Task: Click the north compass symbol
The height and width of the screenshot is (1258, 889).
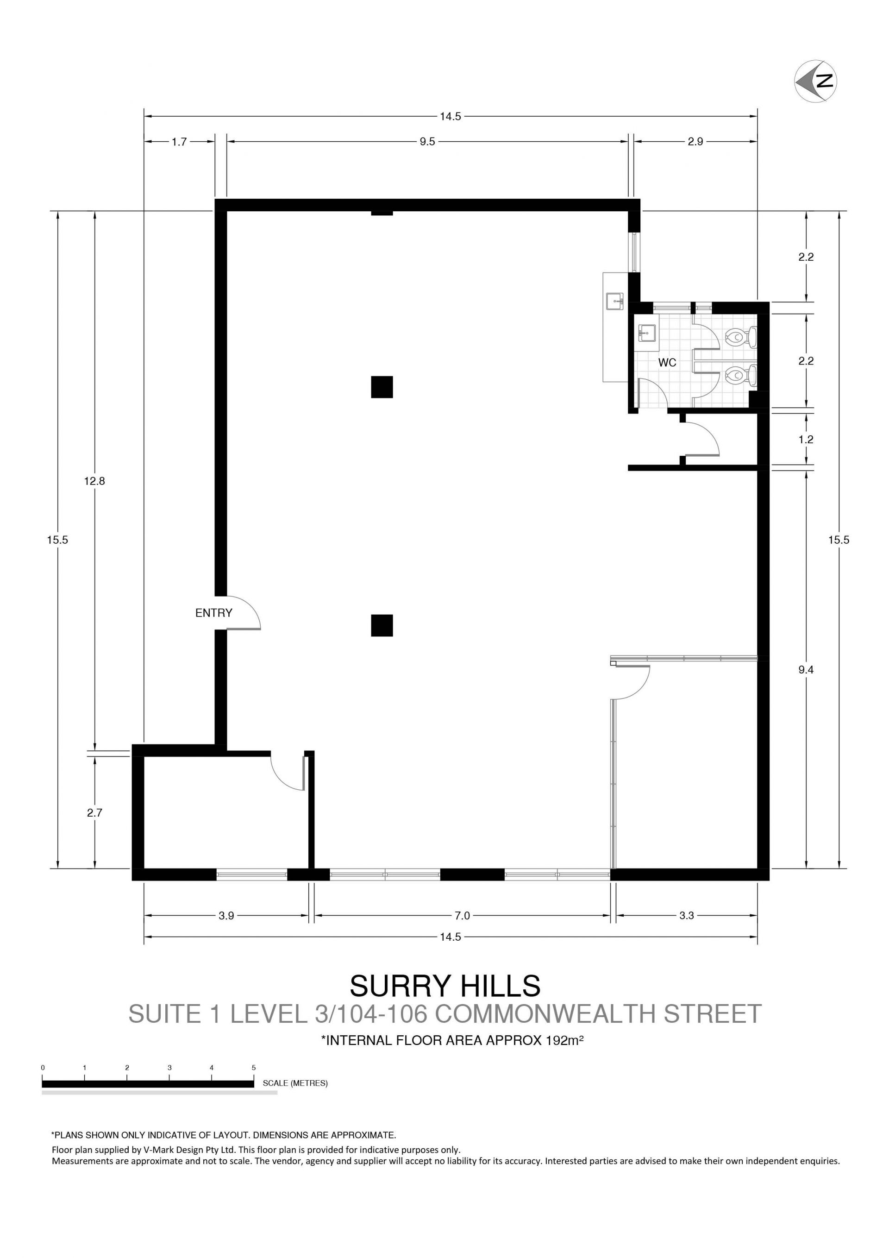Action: point(815,81)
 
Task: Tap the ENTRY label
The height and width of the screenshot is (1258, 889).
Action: point(213,613)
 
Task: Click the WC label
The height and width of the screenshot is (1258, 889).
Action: point(667,363)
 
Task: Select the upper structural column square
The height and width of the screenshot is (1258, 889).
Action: point(382,387)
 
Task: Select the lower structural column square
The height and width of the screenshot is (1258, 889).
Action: point(382,626)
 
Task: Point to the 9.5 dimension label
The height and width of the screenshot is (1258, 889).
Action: point(427,142)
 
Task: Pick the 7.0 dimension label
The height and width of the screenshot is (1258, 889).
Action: point(462,916)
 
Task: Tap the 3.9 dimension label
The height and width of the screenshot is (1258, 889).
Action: point(226,916)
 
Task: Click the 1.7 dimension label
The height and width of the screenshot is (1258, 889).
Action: point(179,142)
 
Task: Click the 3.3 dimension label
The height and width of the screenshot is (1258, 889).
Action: point(686,916)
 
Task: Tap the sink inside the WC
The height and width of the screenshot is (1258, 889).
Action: point(647,333)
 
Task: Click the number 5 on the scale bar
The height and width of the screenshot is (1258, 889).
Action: point(254,1067)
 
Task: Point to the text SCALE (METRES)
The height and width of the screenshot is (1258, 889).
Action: point(295,1083)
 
